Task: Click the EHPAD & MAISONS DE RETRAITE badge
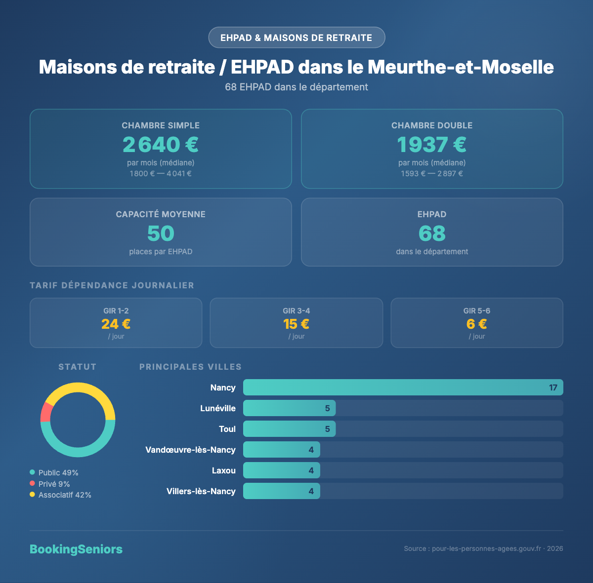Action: pyautogui.click(x=296, y=38)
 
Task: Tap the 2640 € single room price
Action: pyautogui.click(x=161, y=145)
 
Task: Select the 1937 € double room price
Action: pyautogui.click(x=431, y=145)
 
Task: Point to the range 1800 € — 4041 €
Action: pyautogui.click(x=161, y=174)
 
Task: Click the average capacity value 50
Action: pyautogui.click(x=161, y=233)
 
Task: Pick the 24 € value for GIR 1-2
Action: pyautogui.click(x=116, y=324)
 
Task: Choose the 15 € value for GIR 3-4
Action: pyautogui.click(x=296, y=324)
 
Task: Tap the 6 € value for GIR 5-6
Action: pyautogui.click(x=476, y=324)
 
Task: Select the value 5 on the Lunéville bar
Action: pyautogui.click(x=327, y=408)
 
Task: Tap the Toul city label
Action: pyautogui.click(x=227, y=429)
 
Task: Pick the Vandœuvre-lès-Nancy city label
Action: pyautogui.click(x=190, y=450)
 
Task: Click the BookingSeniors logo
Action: pyautogui.click(x=76, y=549)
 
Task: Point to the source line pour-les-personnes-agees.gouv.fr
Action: pyautogui.click(x=483, y=549)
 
